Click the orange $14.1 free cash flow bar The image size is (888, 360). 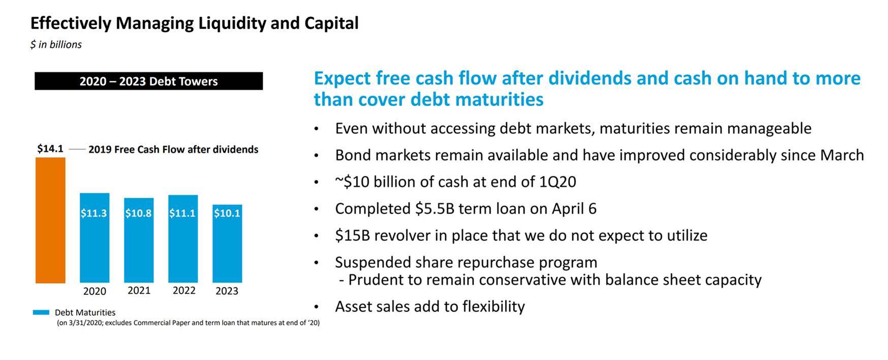tap(50, 220)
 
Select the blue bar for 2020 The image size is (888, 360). tap(95, 238)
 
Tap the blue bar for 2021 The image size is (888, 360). tap(139, 241)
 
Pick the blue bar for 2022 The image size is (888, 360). tap(183, 239)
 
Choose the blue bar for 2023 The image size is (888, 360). tap(227, 244)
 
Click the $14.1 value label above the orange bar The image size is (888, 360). tap(50, 148)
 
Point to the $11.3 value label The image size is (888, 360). tap(94, 213)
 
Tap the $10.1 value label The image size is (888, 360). tap(227, 213)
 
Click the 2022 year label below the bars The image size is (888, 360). tap(184, 290)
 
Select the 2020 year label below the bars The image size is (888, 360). tap(95, 291)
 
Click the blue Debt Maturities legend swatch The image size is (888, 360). tap(41, 312)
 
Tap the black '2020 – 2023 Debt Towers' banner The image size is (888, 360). tap(148, 81)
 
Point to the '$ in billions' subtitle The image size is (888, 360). tap(56, 45)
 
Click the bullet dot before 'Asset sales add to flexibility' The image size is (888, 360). tap(317, 307)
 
